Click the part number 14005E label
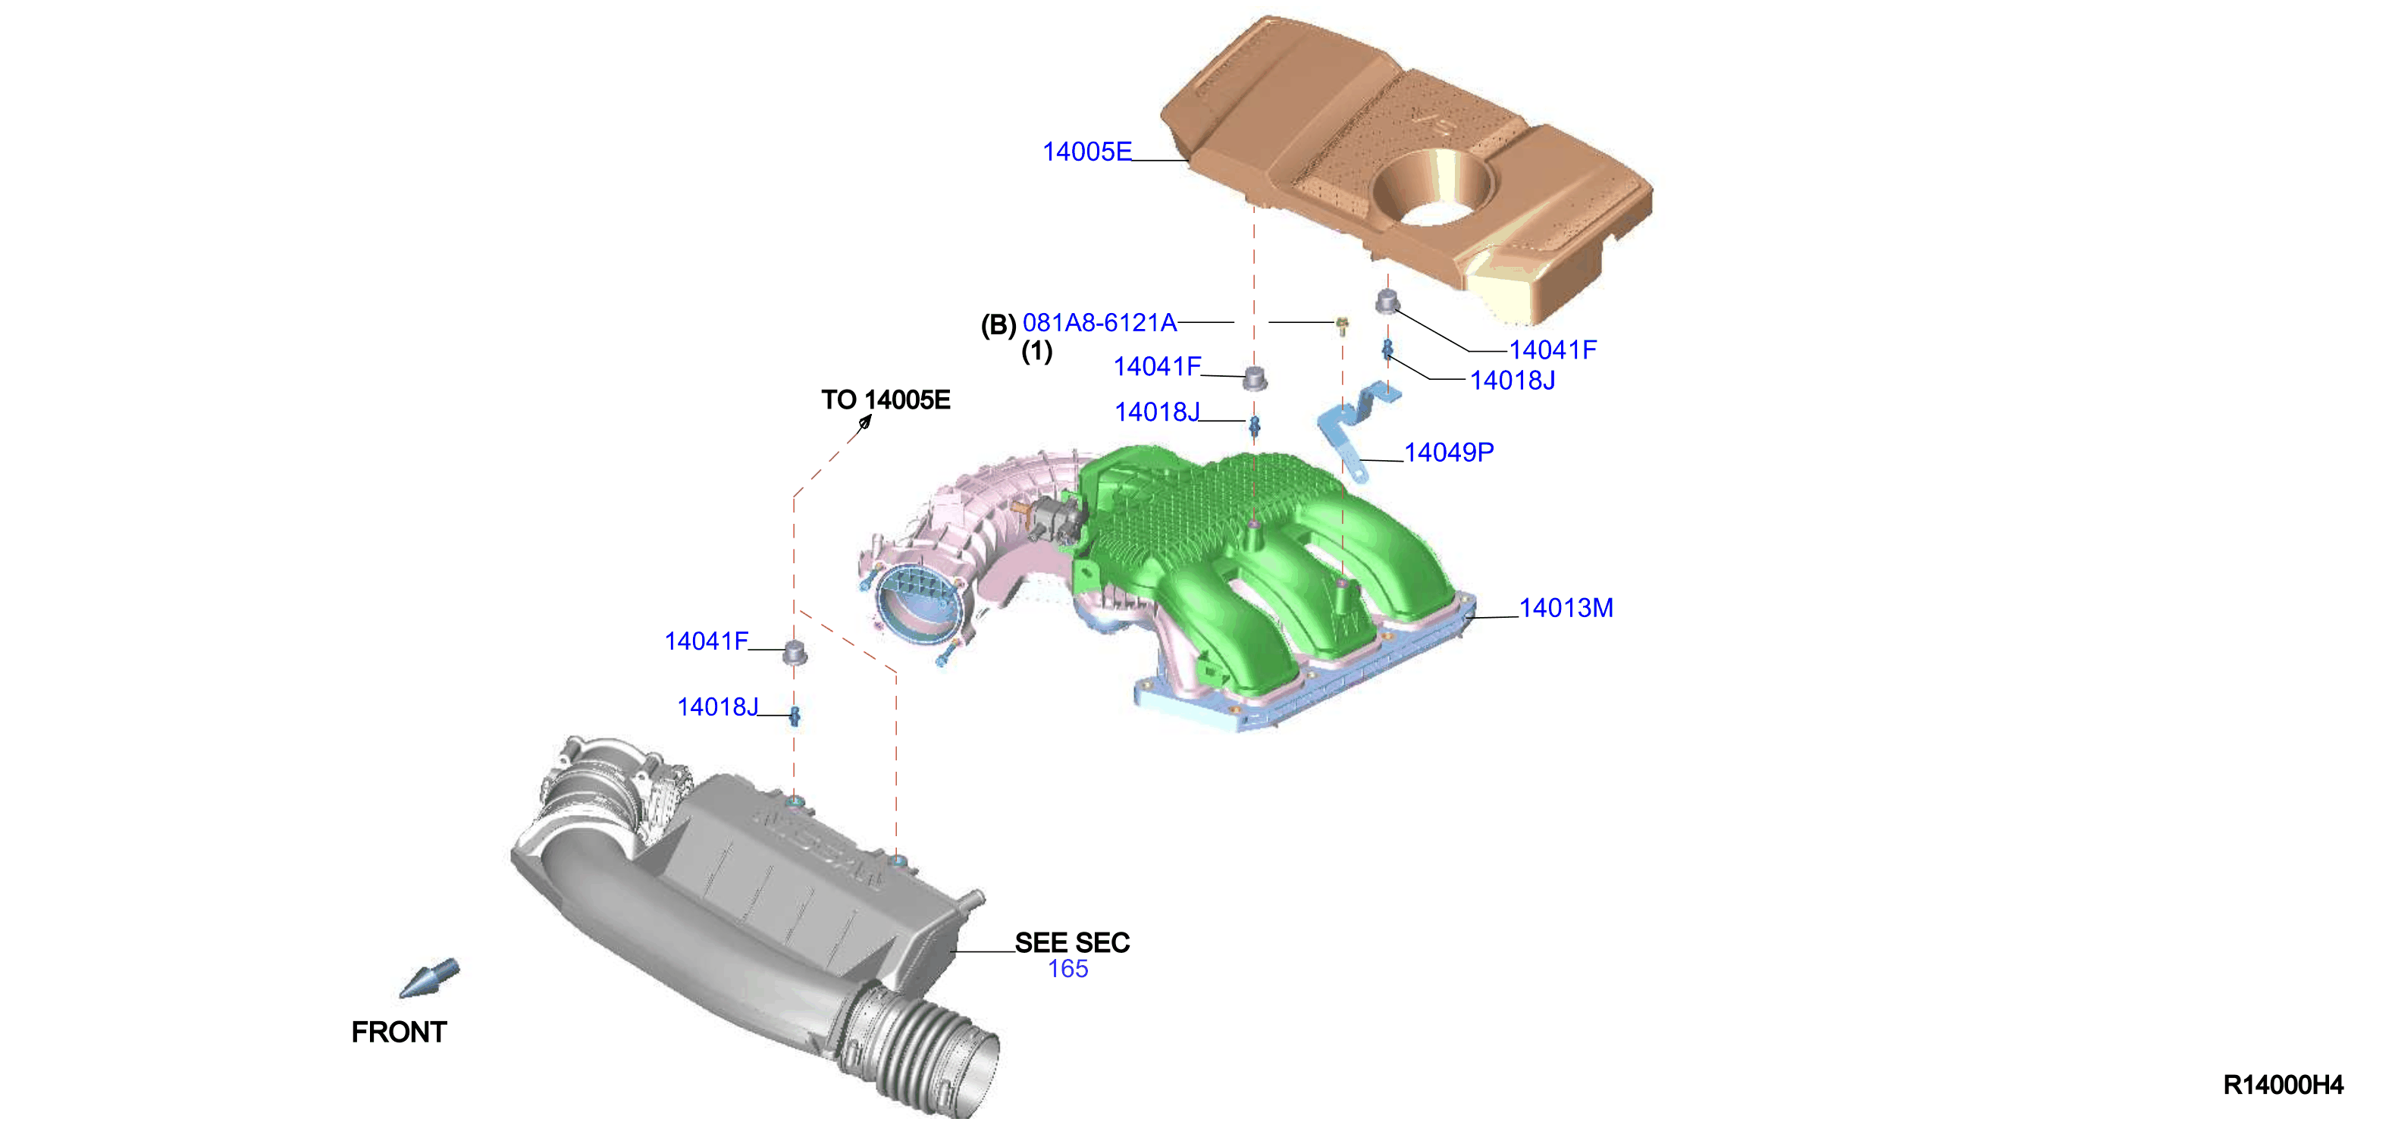pos(1086,152)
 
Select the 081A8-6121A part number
pos(1099,322)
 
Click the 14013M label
pos(1566,608)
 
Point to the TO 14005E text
pos(886,400)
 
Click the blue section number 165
pos(1067,969)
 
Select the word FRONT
pos(400,1033)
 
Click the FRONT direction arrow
pos(429,979)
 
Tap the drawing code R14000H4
pos(2284,1085)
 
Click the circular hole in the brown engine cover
pos(1434,190)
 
